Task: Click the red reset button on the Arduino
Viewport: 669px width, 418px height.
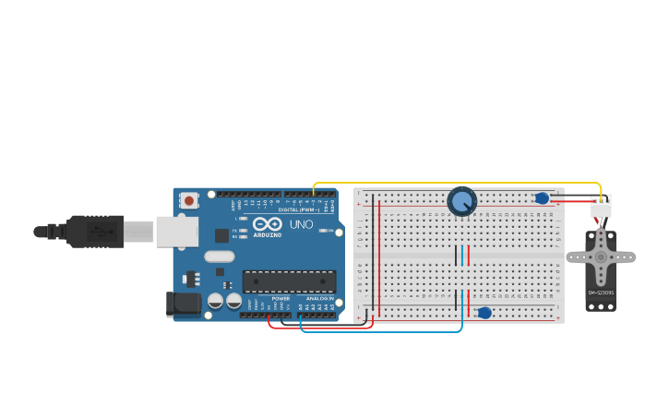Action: [x=189, y=199]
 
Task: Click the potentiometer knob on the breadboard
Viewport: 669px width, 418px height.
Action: [x=461, y=201]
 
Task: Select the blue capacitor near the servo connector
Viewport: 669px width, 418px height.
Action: [x=542, y=197]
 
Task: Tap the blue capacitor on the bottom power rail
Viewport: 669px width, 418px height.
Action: [x=484, y=313]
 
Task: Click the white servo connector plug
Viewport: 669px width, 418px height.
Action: [x=601, y=209]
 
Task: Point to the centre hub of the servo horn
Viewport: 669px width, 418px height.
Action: [x=601, y=257]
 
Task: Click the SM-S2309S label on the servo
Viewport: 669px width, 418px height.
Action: [x=601, y=293]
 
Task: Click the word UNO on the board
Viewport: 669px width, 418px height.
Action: [x=302, y=224]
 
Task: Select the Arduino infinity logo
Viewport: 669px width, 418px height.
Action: [x=267, y=224]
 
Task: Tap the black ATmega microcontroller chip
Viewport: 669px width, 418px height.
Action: [x=289, y=281]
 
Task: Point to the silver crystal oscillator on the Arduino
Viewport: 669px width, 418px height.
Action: [x=220, y=257]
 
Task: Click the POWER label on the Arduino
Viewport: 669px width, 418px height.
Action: [x=281, y=299]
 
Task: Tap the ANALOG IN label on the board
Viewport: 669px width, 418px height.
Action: [x=319, y=299]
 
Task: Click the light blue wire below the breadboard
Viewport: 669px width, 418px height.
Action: [x=388, y=331]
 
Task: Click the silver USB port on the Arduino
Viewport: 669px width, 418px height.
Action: [x=176, y=232]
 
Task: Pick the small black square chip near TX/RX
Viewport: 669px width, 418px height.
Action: [x=221, y=235]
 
